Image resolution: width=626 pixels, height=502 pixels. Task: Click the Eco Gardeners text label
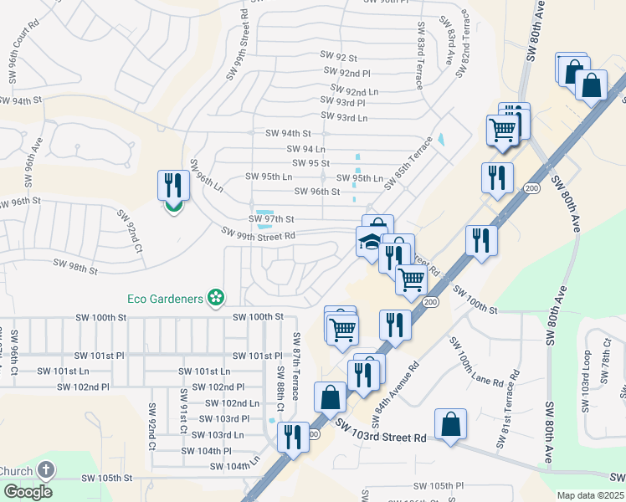click(165, 298)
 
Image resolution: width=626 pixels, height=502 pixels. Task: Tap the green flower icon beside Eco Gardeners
click(216, 297)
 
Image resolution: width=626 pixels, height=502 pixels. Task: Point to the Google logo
click(27, 491)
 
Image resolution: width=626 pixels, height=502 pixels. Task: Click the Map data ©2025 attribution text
click(589, 495)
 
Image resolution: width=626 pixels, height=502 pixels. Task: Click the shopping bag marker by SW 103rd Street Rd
click(450, 423)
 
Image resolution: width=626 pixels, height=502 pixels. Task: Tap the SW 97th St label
click(271, 219)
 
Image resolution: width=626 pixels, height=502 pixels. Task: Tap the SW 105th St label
click(106, 478)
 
